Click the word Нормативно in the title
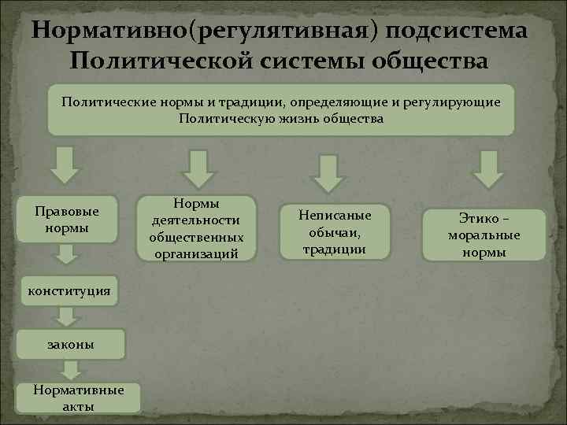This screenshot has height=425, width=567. [110, 30]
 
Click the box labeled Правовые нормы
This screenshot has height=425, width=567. [68, 220]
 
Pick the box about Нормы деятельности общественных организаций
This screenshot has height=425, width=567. [196, 227]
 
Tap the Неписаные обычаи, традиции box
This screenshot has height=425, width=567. [335, 231]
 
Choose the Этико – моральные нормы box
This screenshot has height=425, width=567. [484, 235]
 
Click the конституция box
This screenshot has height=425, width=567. [69, 291]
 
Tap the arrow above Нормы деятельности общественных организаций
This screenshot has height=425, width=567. [197, 166]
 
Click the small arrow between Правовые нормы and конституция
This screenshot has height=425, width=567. [68, 253]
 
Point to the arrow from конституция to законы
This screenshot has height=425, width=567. [68, 316]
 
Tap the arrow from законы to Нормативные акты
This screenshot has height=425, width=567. [72, 368]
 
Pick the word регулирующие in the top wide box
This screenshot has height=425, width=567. [455, 103]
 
